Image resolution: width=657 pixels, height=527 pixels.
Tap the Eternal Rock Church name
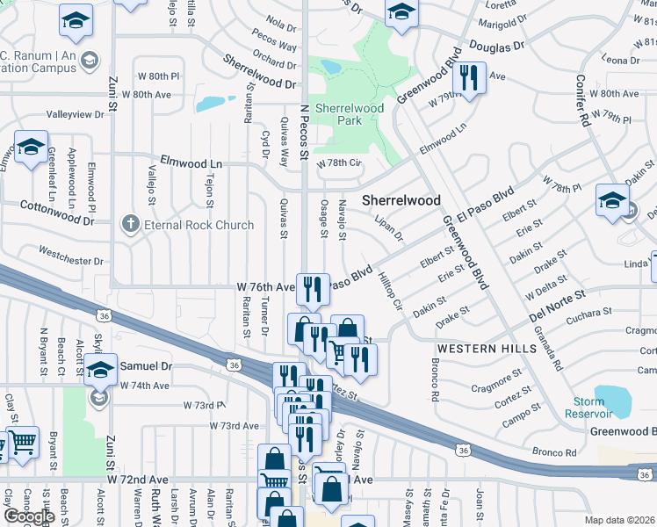198,225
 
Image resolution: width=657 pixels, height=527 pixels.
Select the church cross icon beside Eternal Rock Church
131,224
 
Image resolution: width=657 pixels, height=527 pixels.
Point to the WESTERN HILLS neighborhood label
487,349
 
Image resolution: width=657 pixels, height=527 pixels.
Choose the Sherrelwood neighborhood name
401,200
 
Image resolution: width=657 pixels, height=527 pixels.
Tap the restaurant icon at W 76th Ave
312,286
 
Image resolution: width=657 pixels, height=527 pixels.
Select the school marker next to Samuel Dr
100,372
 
